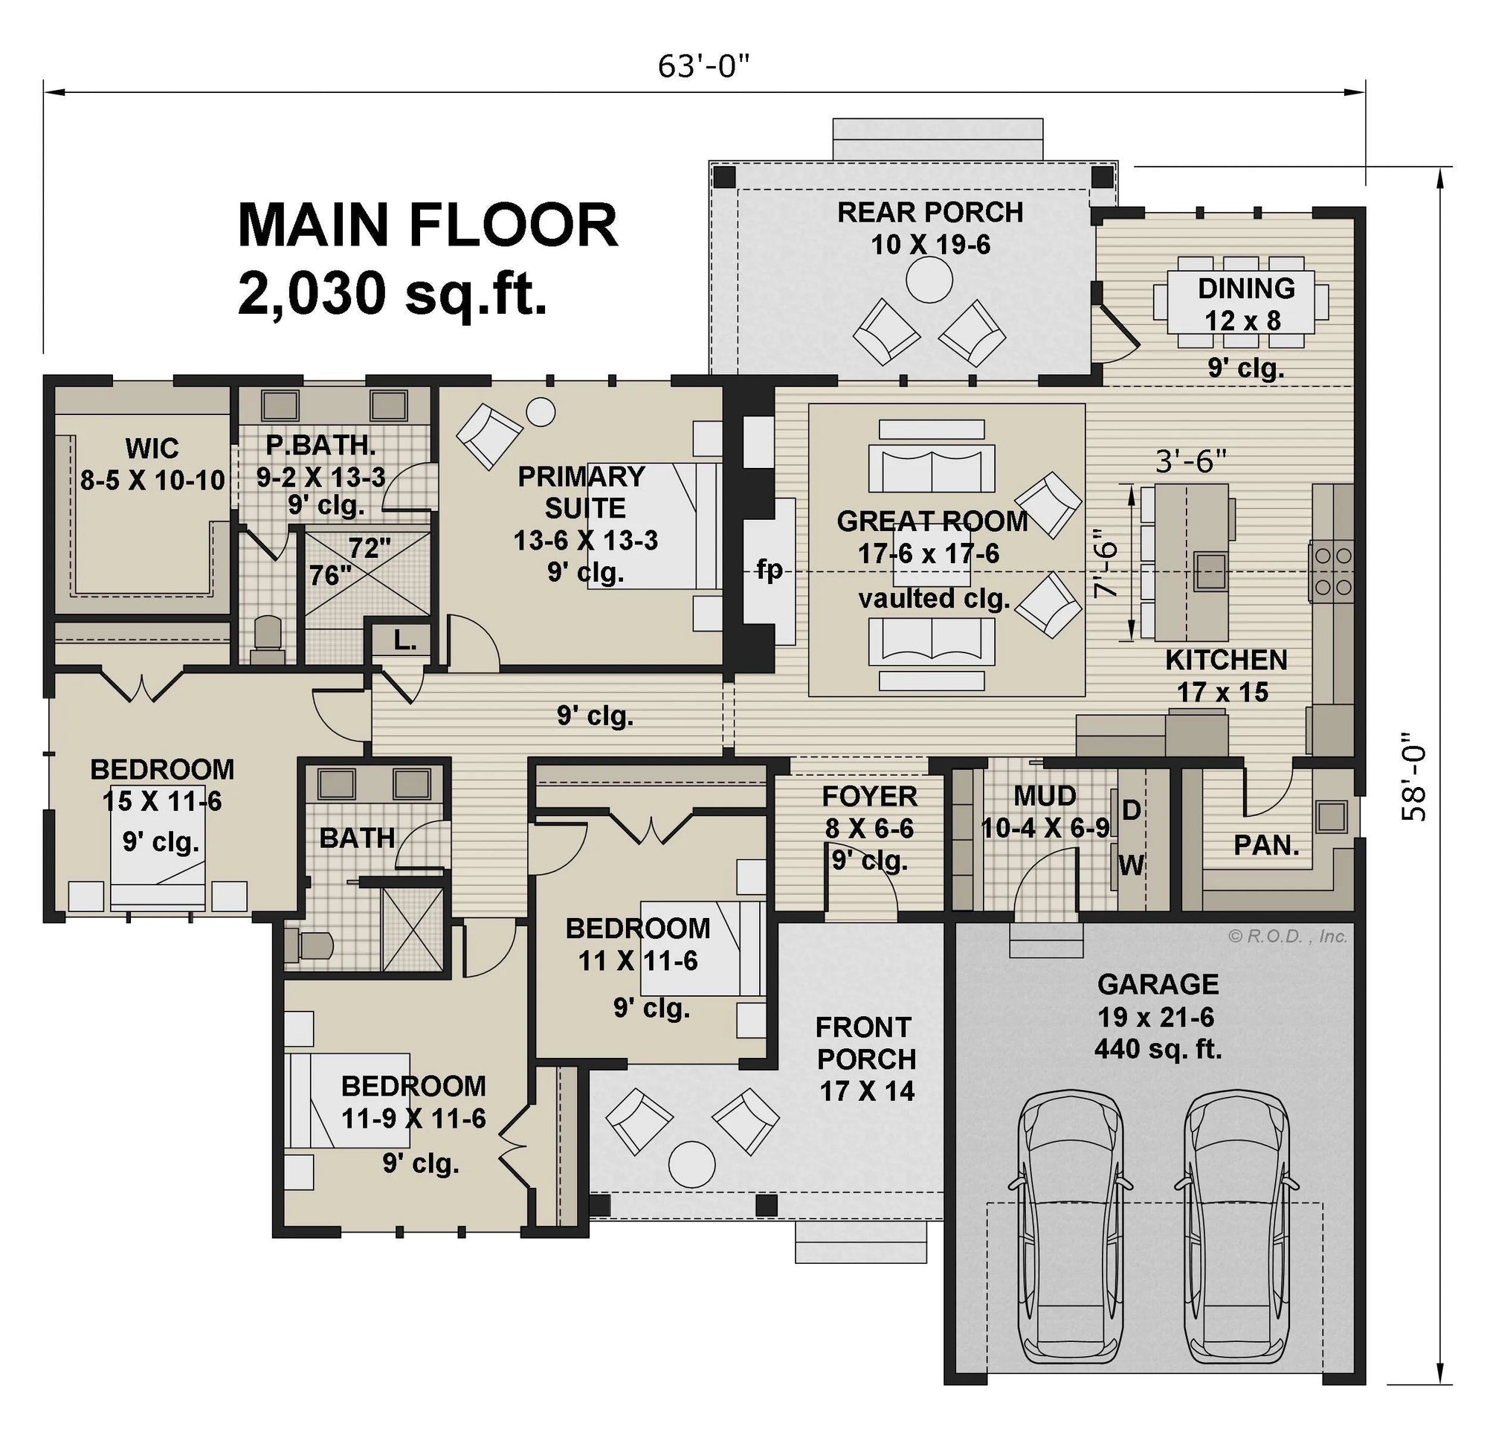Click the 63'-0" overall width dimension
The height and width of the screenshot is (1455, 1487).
(703, 67)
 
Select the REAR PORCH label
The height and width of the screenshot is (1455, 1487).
(929, 212)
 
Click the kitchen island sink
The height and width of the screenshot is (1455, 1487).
(1211, 571)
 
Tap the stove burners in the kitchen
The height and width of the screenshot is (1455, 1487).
(1330, 571)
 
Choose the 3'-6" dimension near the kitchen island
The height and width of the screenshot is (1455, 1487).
(1190, 461)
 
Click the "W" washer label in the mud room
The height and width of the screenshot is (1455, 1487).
(1131, 865)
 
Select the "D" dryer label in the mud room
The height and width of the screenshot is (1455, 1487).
(1131, 809)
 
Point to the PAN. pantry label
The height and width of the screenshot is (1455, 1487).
(1266, 845)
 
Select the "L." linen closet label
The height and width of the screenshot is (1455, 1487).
(404, 642)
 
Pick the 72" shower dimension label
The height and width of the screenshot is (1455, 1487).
(370, 548)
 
